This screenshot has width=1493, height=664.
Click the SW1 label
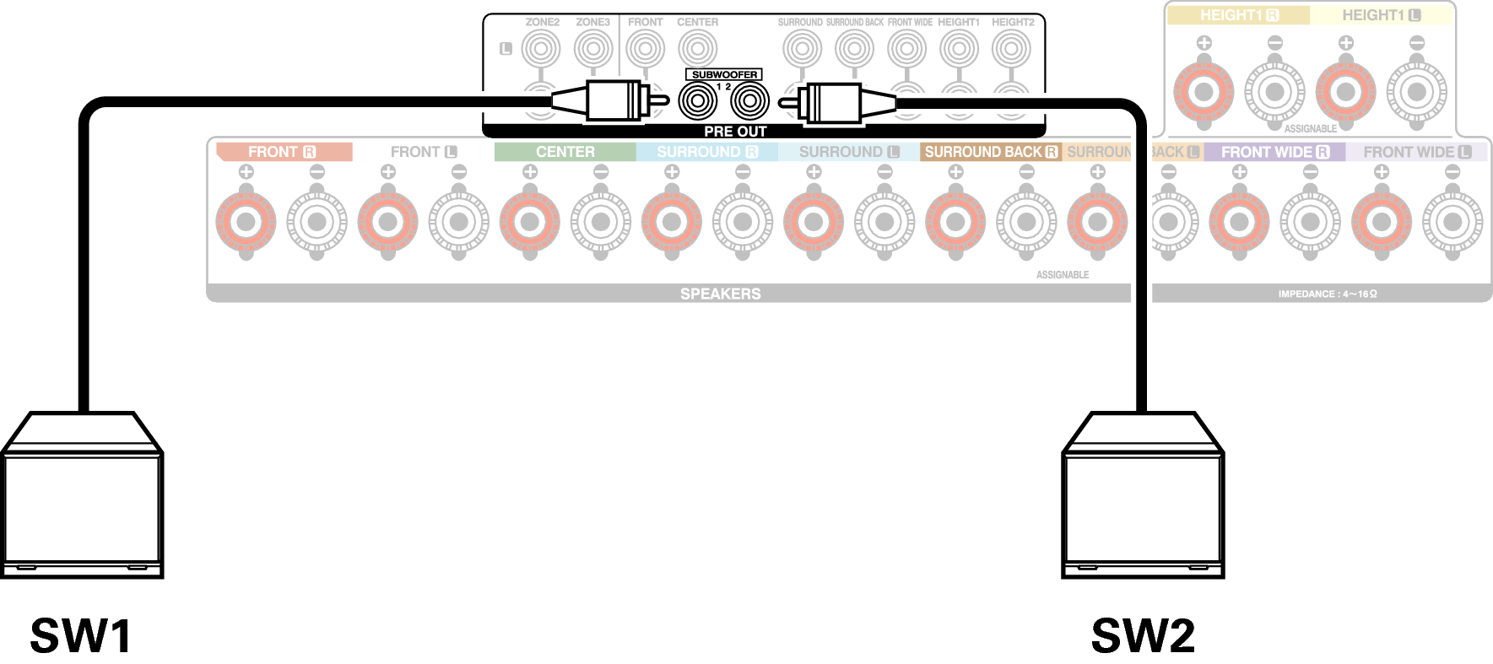[81, 636]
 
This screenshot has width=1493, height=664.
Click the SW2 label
[1143, 636]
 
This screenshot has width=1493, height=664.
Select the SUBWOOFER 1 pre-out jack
[697, 102]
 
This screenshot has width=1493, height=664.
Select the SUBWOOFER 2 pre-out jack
[749, 102]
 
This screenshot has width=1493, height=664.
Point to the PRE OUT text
[734, 132]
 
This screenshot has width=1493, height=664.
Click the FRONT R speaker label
[282, 152]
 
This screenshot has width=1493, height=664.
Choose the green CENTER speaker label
[565, 152]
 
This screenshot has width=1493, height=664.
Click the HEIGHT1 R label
[1239, 15]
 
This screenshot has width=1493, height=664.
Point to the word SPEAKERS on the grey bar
[720, 294]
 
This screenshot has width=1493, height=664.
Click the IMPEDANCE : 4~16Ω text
[1327, 294]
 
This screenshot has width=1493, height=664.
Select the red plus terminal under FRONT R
[246, 223]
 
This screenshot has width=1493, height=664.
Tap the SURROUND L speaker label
[848, 152]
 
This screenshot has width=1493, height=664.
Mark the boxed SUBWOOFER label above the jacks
[724, 74]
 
